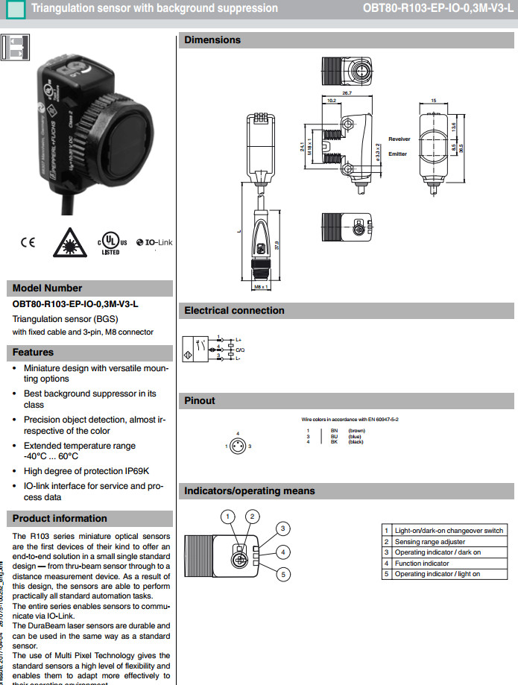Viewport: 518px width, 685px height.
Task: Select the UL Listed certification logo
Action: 111,243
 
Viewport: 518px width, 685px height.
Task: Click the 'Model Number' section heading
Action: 48,288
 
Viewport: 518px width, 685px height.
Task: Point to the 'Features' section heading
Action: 34,352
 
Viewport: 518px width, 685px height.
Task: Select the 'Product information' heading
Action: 60,518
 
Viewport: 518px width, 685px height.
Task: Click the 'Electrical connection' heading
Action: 234,310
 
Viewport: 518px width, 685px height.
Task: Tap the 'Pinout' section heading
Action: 200,401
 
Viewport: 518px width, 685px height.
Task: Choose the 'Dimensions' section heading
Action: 212,40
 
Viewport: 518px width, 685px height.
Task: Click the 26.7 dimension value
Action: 346,93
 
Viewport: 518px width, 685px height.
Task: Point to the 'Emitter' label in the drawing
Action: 397,154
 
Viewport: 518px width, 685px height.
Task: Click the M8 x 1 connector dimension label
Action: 261,286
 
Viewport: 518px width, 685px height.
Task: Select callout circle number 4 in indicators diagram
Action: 283,552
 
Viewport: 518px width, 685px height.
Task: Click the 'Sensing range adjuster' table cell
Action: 430,542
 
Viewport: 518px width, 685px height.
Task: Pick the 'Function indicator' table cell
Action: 422,564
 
